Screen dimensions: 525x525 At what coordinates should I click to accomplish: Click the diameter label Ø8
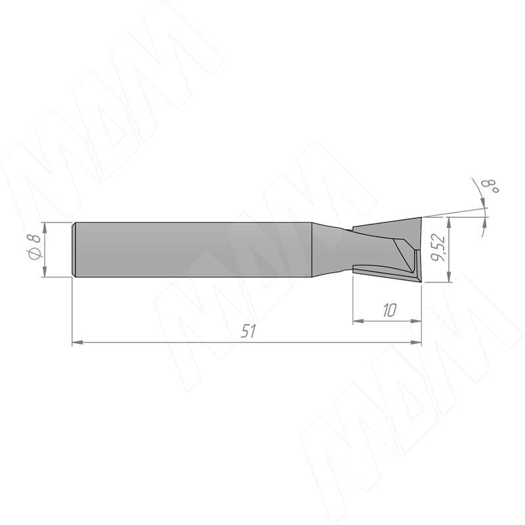coord(35,247)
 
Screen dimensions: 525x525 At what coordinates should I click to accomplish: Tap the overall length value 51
coord(249,331)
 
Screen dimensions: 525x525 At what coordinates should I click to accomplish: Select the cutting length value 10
coord(389,310)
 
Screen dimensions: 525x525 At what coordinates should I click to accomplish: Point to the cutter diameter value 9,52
coord(438,248)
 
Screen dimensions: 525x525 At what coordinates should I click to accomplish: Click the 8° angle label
coord(490,186)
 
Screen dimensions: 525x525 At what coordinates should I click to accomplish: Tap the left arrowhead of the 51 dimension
coord(77,342)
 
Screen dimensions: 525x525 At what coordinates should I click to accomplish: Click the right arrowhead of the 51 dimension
coord(416,342)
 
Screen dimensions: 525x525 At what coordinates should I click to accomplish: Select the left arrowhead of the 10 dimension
coord(358,321)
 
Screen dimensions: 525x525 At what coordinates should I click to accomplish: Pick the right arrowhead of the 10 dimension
coord(416,321)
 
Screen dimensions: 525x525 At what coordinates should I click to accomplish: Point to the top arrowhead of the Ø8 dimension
coord(44,227)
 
